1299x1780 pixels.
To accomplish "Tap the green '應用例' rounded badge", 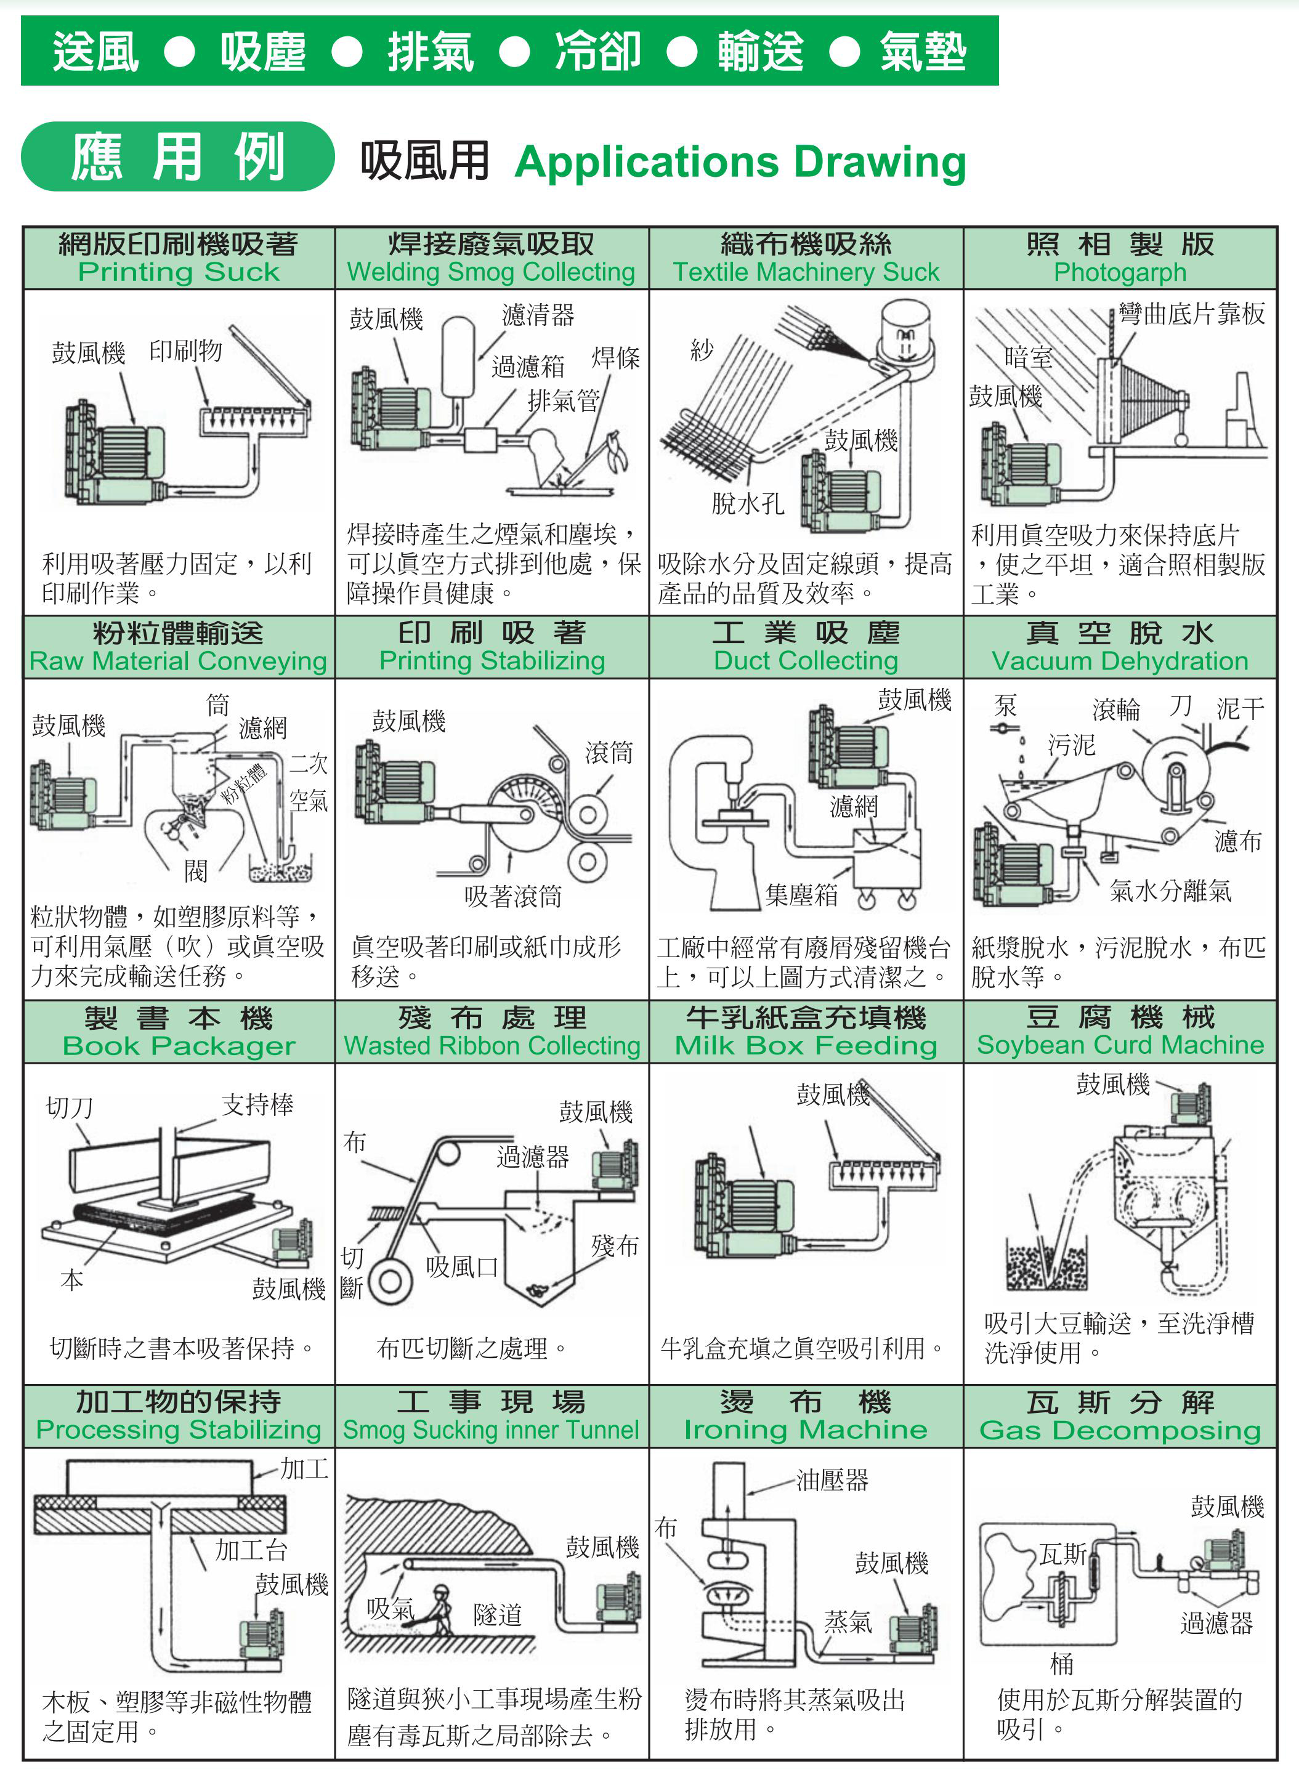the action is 178,156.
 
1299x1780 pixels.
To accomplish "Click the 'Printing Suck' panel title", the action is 179,272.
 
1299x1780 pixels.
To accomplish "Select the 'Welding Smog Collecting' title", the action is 492,272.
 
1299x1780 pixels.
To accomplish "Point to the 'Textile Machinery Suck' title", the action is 806,272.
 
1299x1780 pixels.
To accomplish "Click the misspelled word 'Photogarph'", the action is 1120,272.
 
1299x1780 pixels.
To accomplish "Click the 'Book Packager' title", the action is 179,1046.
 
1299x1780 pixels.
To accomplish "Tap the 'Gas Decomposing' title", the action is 1120,1430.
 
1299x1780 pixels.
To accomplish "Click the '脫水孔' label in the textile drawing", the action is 747,503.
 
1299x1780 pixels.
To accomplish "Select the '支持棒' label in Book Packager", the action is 257,1104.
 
